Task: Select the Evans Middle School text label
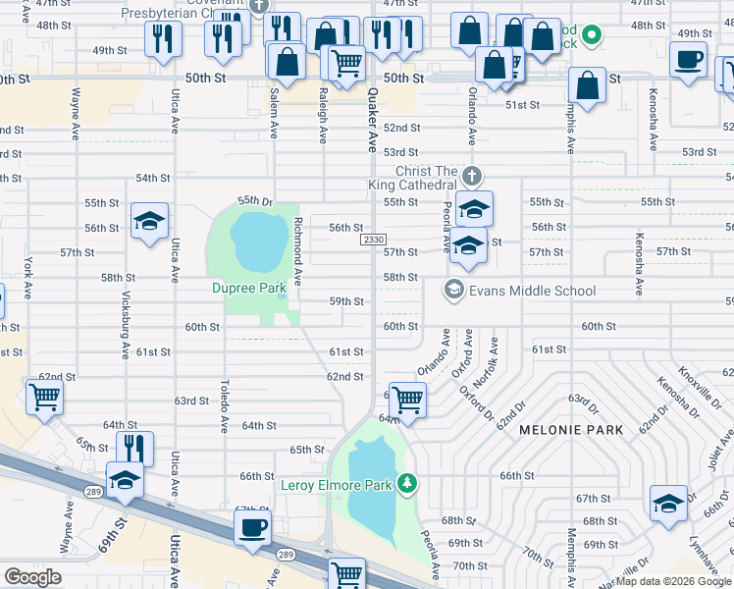tap(532, 291)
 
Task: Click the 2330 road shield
tap(374, 240)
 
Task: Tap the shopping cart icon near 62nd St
tap(43, 398)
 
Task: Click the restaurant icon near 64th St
tap(134, 448)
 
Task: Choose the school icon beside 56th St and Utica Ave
tap(149, 221)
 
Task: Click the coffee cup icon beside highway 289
tap(253, 527)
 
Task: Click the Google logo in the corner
tap(32, 577)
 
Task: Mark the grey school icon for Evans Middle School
tap(453, 290)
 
